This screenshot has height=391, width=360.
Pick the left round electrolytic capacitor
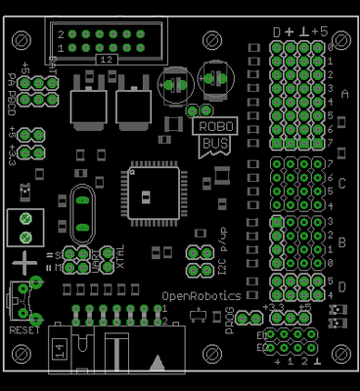pyautogui.click(x=175, y=84)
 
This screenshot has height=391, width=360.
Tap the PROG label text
pyautogui.click(x=229, y=321)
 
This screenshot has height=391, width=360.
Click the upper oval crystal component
pyautogui.click(x=83, y=201)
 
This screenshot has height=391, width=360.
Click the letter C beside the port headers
pyautogui.click(x=342, y=183)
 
